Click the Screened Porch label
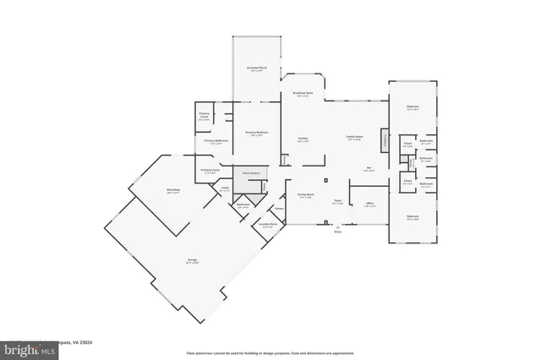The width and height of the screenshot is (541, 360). (256, 68)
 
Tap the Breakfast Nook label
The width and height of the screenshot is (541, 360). (303, 94)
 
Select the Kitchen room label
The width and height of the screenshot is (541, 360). (303, 139)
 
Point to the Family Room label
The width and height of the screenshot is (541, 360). (353, 138)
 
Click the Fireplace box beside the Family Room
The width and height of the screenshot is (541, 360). (385, 139)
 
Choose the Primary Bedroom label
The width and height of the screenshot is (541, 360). (256, 133)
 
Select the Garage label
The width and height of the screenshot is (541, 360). (181, 261)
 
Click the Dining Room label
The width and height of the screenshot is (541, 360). (305, 196)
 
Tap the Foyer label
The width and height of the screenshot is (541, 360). (336, 201)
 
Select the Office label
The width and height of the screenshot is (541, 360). (369, 204)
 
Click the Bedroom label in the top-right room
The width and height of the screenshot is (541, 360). (412, 107)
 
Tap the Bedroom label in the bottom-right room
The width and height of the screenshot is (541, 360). (412, 217)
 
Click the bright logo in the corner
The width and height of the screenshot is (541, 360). (23, 348)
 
